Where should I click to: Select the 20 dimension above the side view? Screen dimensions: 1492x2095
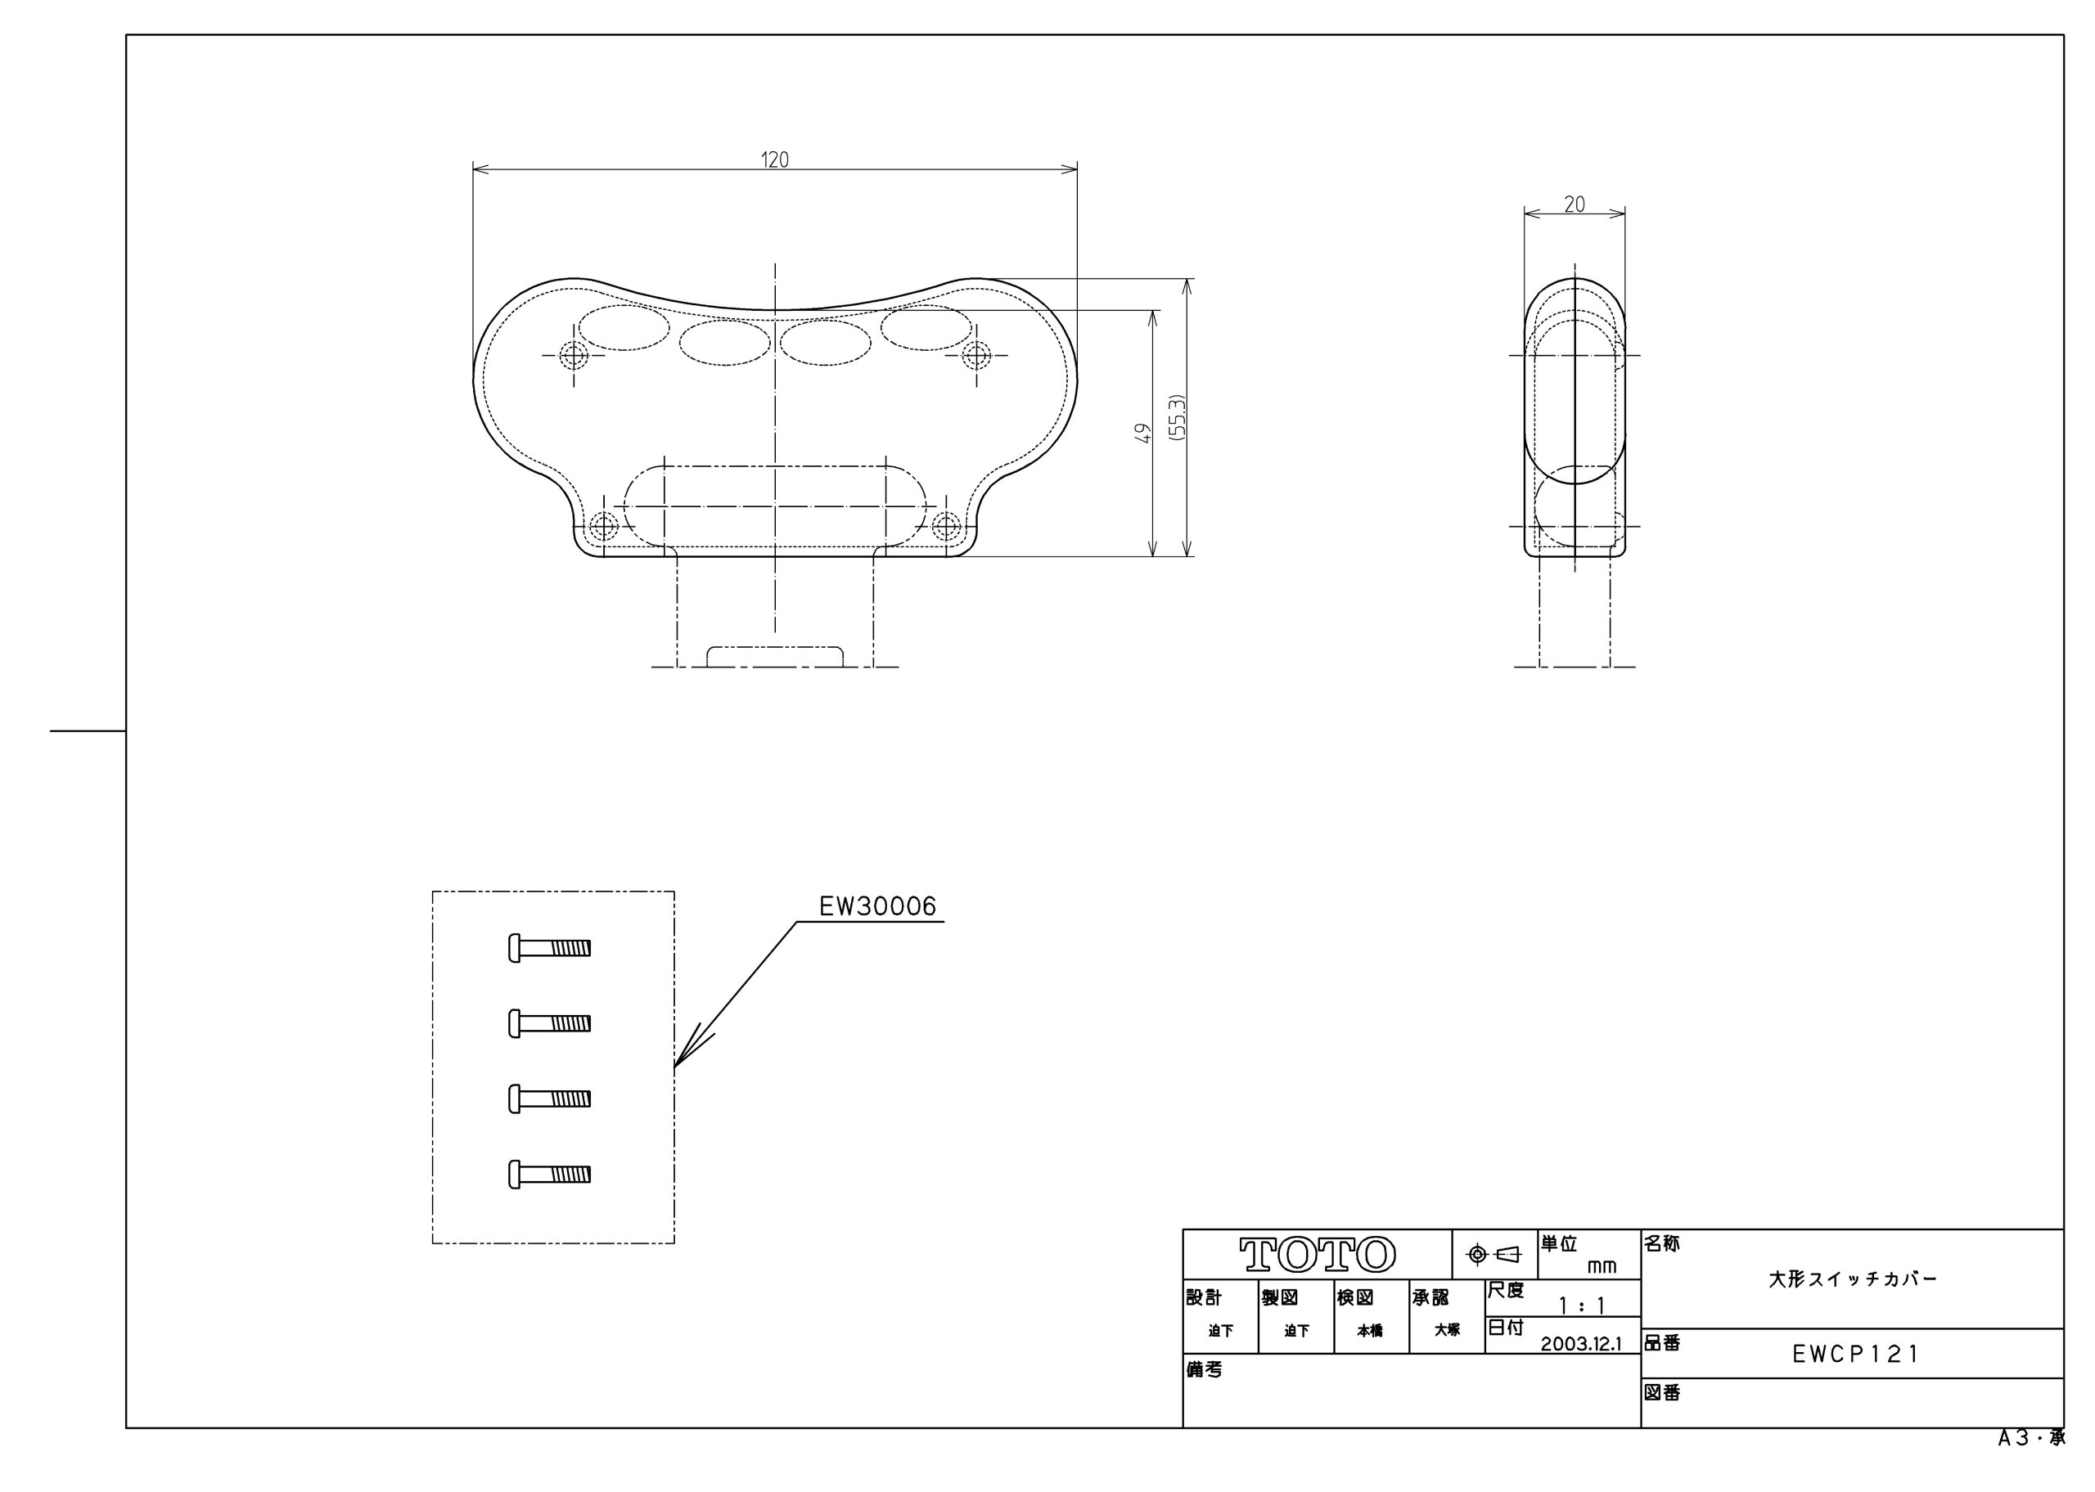point(1574,204)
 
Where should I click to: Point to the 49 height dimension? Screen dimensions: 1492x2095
point(1142,433)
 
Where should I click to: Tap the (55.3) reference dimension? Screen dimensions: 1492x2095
point(1177,418)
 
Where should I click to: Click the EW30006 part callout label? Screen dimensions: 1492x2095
point(876,908)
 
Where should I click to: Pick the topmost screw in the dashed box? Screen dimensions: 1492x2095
point(549,947)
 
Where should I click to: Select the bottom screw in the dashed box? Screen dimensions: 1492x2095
point(549,1174)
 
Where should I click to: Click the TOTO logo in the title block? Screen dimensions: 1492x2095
point(1316,1254)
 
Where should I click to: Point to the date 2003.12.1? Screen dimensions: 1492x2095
point(1580,1344)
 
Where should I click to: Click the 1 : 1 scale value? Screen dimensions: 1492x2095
point(1580,1305)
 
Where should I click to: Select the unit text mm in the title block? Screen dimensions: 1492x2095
point(1601,1267)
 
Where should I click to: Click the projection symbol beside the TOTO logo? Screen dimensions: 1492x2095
point(1494,1254)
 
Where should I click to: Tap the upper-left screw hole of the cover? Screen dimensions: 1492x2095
point(574,355)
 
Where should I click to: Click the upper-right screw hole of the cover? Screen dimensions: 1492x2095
point(975,355)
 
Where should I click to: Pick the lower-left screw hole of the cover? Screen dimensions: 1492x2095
point(603,527)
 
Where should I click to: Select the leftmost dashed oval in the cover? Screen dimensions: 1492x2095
point(624,328)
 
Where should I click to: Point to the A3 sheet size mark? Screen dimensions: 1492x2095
point(2030,1439)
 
